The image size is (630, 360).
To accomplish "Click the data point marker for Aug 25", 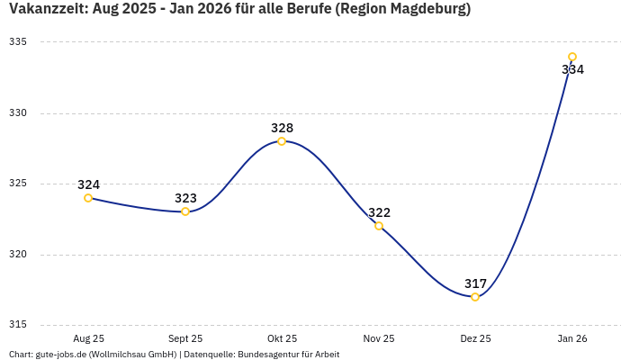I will click(88, 198).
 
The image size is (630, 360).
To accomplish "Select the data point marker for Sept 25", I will click(185, 211).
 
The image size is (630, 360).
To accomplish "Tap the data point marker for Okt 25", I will click(282, 141).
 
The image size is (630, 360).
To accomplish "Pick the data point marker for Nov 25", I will click(379, 226).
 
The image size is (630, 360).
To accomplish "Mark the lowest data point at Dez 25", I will click(475, 297).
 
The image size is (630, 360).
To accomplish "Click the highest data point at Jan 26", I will click(572, 57).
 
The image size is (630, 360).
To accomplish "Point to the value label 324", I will click(88, 184).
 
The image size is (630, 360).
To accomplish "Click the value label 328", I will click(282, 128).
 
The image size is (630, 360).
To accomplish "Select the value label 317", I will click(475, 283).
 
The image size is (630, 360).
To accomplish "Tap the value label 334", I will click(572, 69).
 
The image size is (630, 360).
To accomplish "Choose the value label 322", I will click(379, 212).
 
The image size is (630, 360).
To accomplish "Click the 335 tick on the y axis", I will click(17, 42).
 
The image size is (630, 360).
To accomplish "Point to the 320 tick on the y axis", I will click(17, 255).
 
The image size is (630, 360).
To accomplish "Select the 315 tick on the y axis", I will click(17, 325).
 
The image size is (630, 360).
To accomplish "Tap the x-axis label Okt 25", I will click(282, 339).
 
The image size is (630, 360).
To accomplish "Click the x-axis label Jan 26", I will click(572, 339).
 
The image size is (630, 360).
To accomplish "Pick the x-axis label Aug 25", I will click(88, 339).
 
